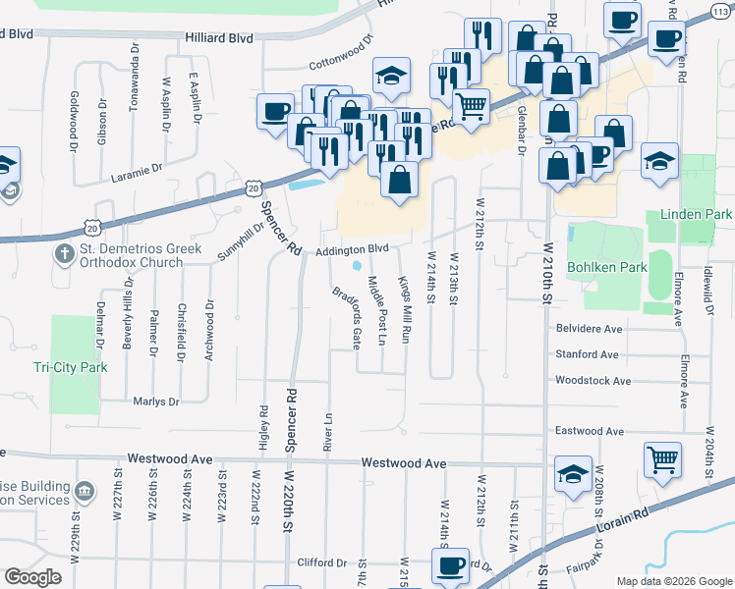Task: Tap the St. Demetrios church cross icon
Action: point(64,254)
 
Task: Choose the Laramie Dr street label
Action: point(136,169)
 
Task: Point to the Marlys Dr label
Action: point(155,402)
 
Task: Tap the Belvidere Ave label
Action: point(589,329)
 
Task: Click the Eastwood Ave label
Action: point(589,431)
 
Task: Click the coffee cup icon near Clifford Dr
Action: point(450,566)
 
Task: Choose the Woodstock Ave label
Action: point(593,380)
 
